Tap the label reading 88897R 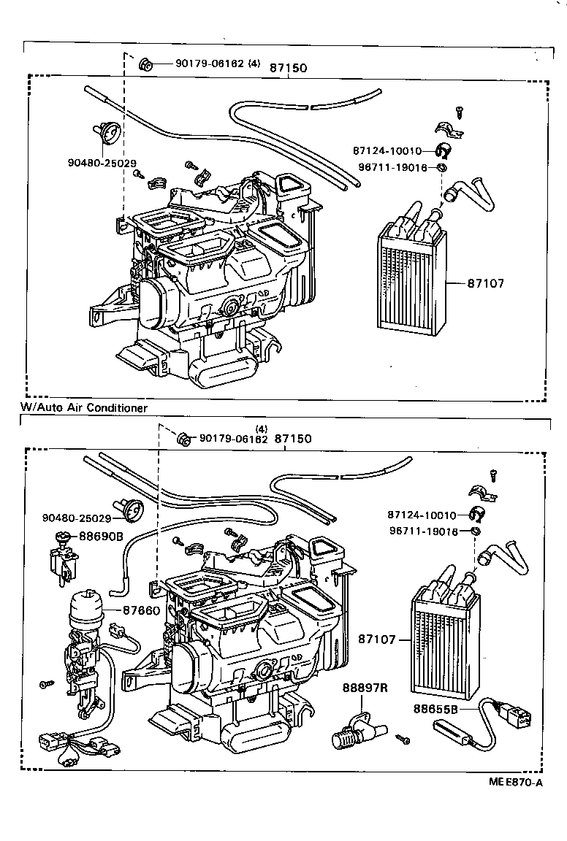click(364, 688)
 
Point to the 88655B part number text click(435, 708)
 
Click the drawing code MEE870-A click(516, 783)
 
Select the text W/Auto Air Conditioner click(84, 407)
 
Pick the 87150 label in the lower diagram click(293, 439)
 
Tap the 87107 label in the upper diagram click(487, 283)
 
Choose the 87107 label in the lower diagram click(377, 640)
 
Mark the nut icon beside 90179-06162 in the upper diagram click(145, 64)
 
